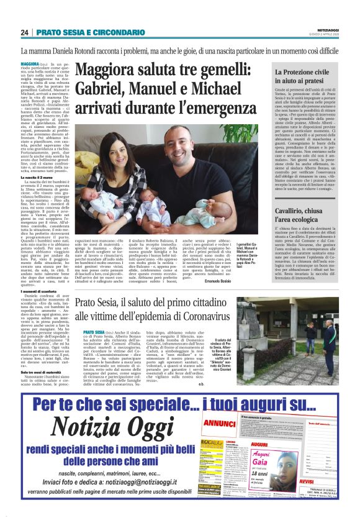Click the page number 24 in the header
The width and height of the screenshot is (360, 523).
tap(24, 32)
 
